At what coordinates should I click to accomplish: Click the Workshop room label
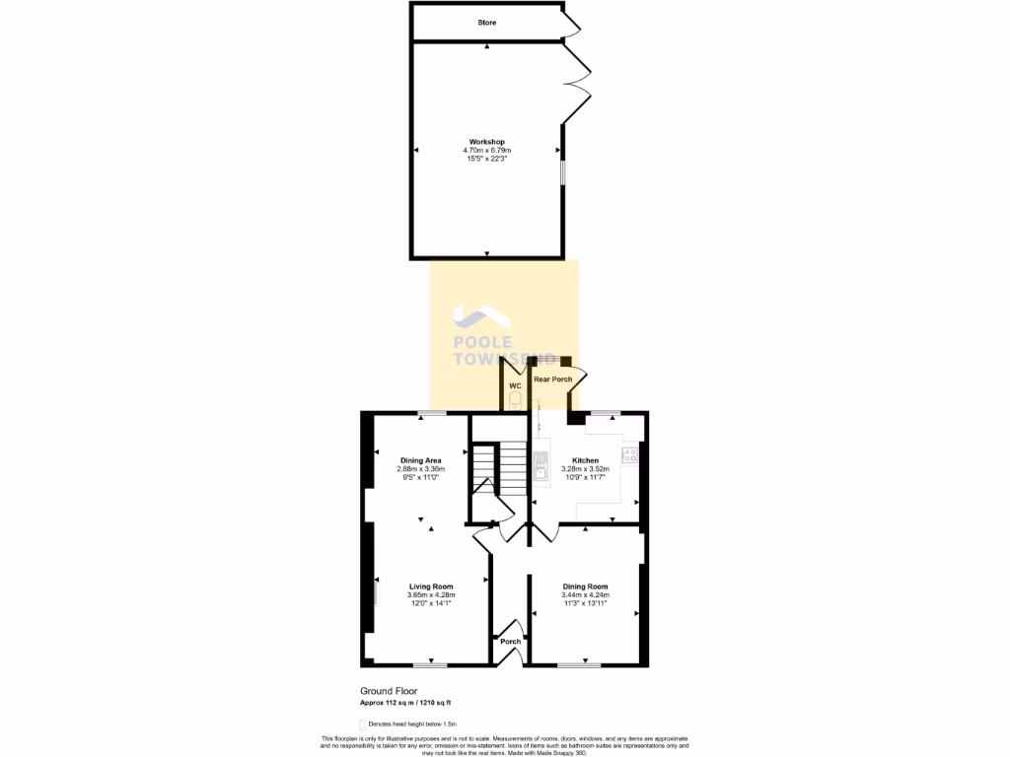pos(486,142)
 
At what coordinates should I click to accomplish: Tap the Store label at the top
pos(487,22)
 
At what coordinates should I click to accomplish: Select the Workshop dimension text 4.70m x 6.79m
pos(486,150)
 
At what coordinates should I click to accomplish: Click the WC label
pos(514,385)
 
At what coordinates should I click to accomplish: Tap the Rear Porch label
pos(552,378)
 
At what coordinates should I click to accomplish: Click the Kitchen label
pos(585,460)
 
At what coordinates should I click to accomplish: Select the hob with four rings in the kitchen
pos(628,455)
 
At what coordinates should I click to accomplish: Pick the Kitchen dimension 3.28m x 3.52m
pos(585,469)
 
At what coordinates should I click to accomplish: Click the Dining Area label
pos(420,460)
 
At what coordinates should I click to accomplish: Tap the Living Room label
pos(430,586)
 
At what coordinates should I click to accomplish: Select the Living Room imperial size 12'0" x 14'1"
pos(430,603)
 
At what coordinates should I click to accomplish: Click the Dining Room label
pos(585,586)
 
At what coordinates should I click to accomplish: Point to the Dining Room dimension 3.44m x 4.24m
pos(585,595)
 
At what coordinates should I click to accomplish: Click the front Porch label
pos(510,642)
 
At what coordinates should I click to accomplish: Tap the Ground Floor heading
pos(383,693)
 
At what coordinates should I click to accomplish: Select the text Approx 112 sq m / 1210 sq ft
pos(404,703)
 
